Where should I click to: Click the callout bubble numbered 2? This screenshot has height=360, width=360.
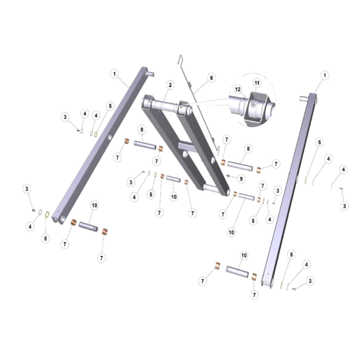pos(170,85)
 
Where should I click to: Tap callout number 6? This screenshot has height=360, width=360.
pos(211,78)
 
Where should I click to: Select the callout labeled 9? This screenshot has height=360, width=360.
pos(241,179)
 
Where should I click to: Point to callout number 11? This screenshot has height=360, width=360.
pos(257,83)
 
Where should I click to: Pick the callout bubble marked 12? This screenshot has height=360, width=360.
pos(238,89)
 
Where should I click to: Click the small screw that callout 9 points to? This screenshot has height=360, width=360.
pos(228,176)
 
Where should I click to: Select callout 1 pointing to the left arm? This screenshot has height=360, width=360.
pos(114,74)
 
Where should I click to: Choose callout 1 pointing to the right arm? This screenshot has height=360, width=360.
pos(325,75)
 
